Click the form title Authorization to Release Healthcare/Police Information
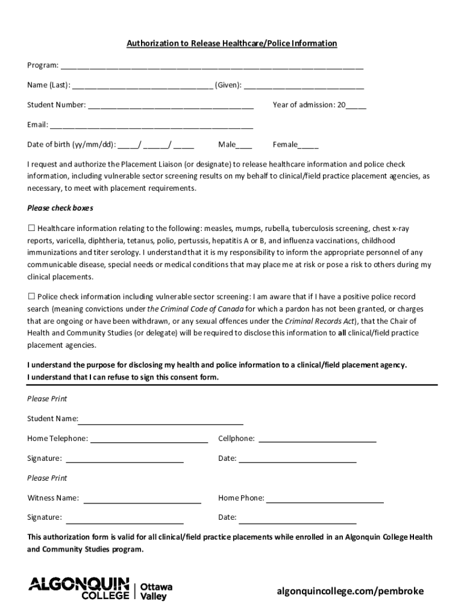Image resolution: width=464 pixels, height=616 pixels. [231, 44]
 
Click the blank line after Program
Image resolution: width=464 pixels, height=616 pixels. [211, 66]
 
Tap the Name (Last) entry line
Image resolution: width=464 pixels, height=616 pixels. [142, 85]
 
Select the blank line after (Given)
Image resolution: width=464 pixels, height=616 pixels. [304, 85]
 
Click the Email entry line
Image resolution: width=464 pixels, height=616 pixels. [151, 126]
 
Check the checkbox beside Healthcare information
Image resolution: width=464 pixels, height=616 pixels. [31, 229]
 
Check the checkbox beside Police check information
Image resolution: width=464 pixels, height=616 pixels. [31, 297]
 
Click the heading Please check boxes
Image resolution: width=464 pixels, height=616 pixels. [60, 208]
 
